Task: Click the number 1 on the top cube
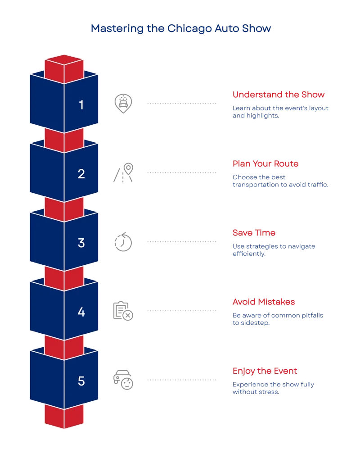pos(81,105)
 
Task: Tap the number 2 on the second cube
pos(81,174)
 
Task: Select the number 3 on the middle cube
pos(81,243)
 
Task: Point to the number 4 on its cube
pos(81,312)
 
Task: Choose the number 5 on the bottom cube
pos(81,381)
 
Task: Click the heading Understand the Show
pos(278,95)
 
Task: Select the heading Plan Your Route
pos(265,163)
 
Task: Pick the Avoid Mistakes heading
pos(263,302)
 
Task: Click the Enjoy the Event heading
pos(265,371)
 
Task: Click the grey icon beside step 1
pos(122,103)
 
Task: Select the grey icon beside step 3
pos(122,242)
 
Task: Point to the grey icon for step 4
pos(122,311)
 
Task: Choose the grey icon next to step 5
pos(123,379)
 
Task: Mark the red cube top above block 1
pos(64,61)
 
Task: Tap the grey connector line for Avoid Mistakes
pos(181,311)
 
